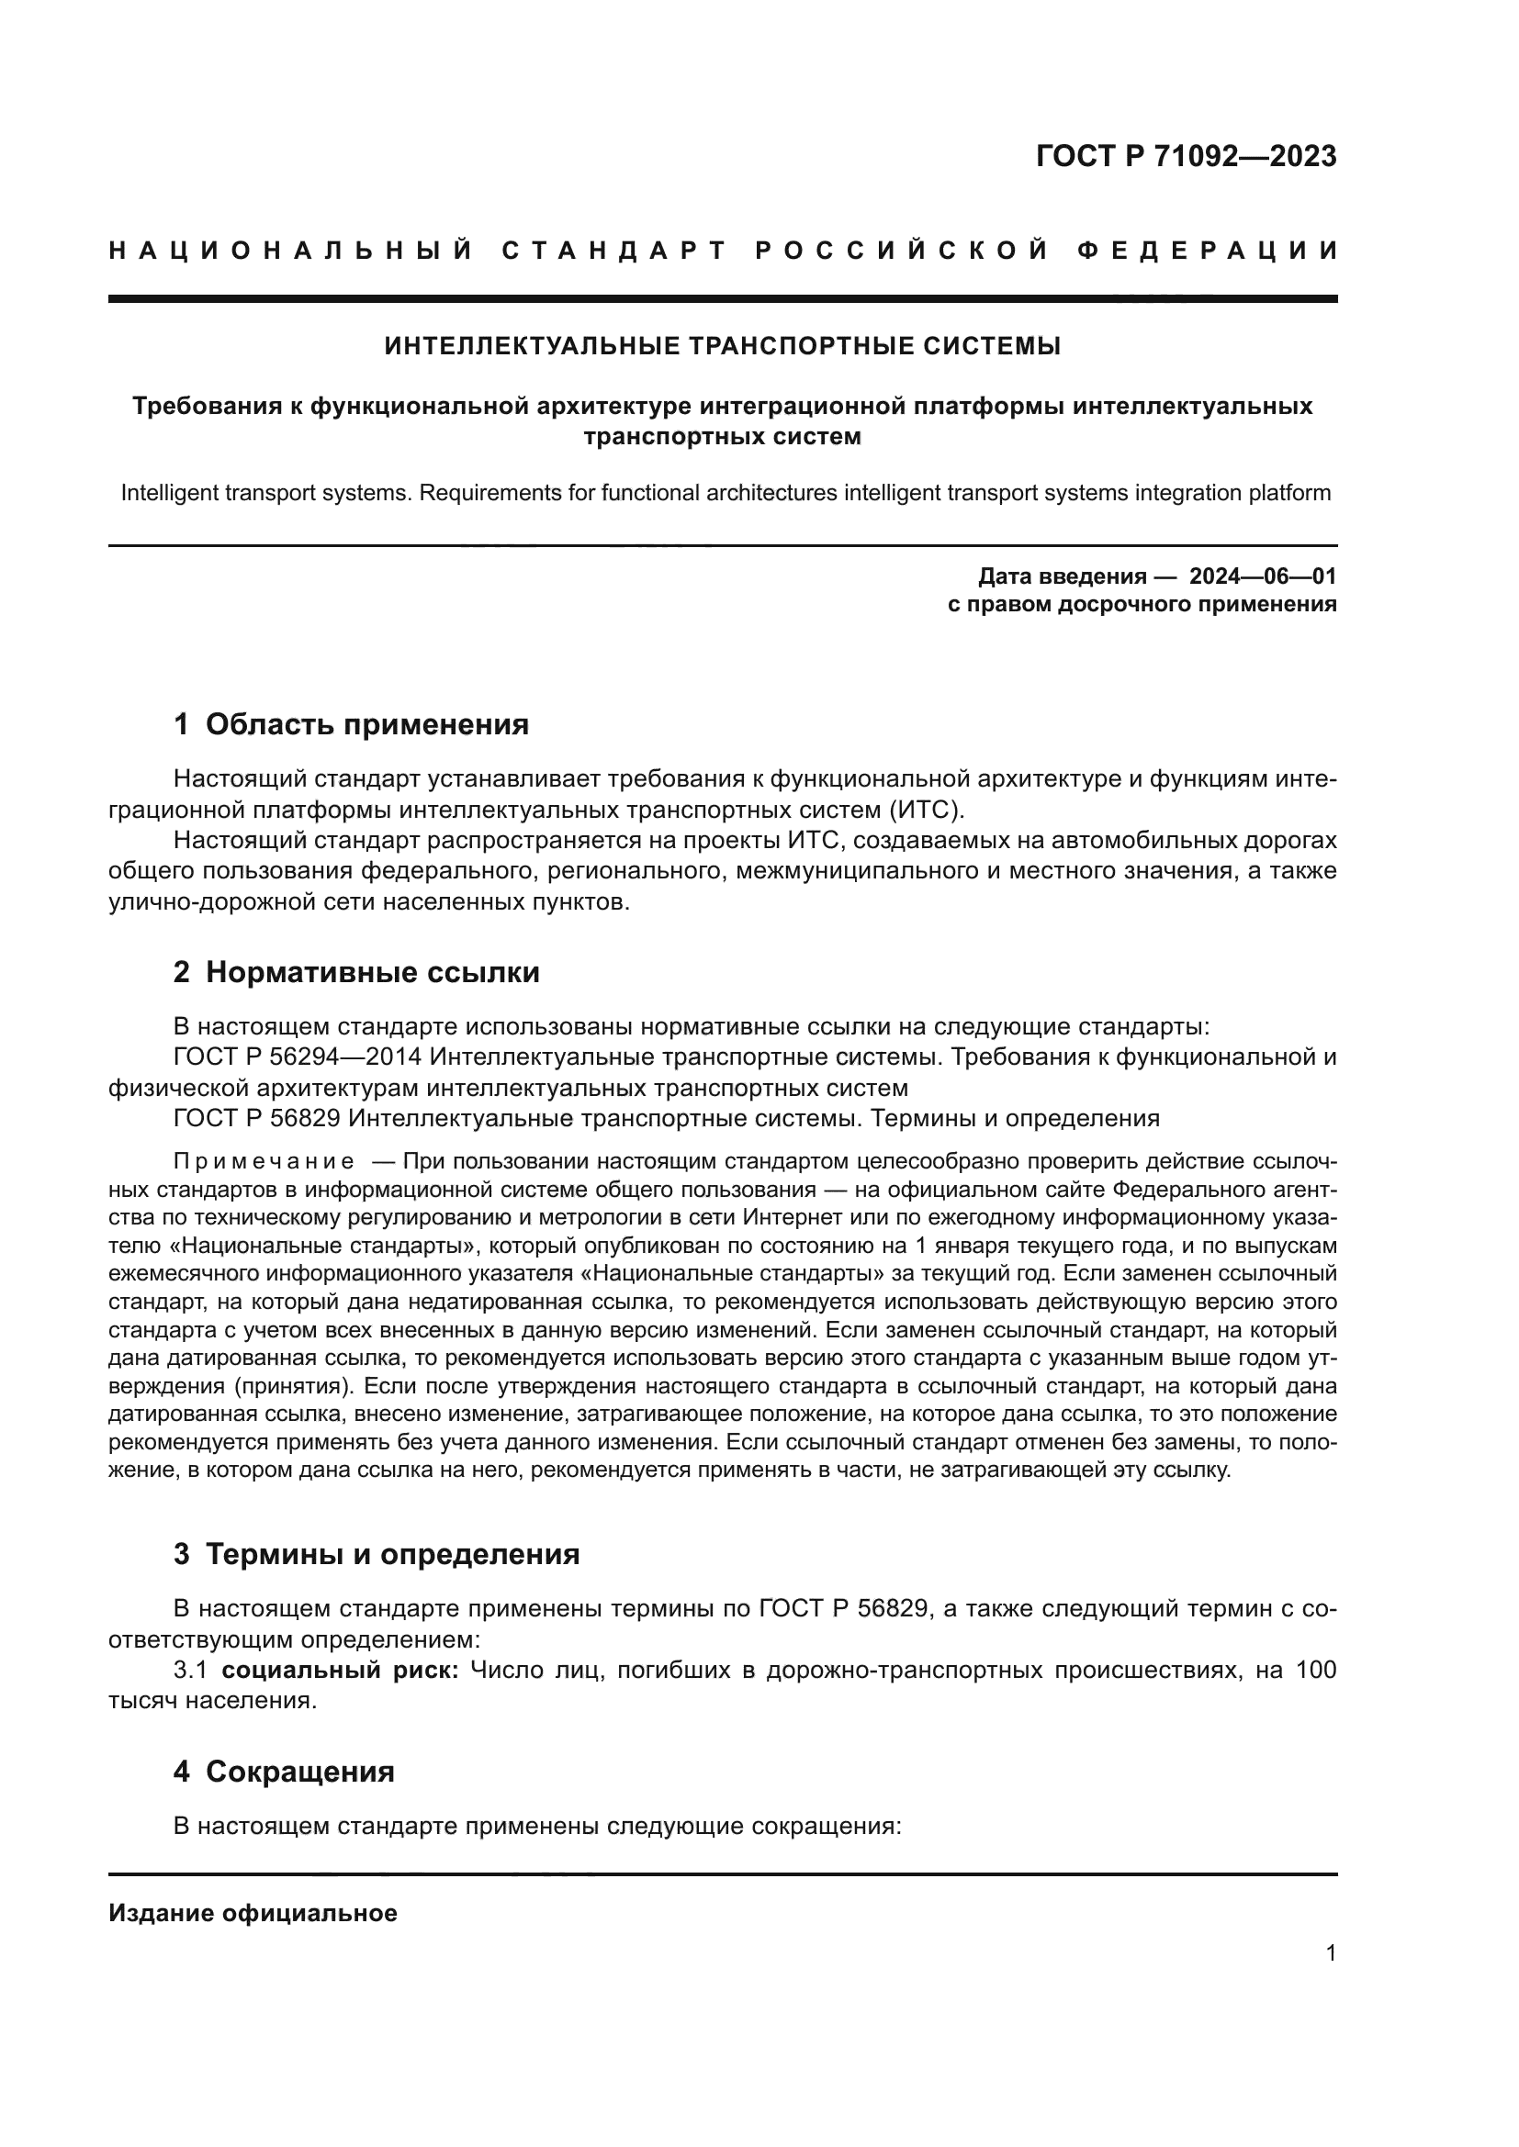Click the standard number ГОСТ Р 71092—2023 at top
click(1186, 156)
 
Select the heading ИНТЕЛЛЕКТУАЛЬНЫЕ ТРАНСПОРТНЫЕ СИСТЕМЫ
click(722, 346)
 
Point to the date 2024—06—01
click(1262, 576)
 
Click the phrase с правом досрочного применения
click(1142, 604)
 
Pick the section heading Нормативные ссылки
click(372, 972)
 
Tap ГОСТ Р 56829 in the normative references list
click(257, 1118)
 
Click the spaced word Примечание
click(264, 1162)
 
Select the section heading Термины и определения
click(392, 1554)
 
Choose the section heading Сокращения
click(299, 1772)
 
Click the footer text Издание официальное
click(253, 1913)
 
